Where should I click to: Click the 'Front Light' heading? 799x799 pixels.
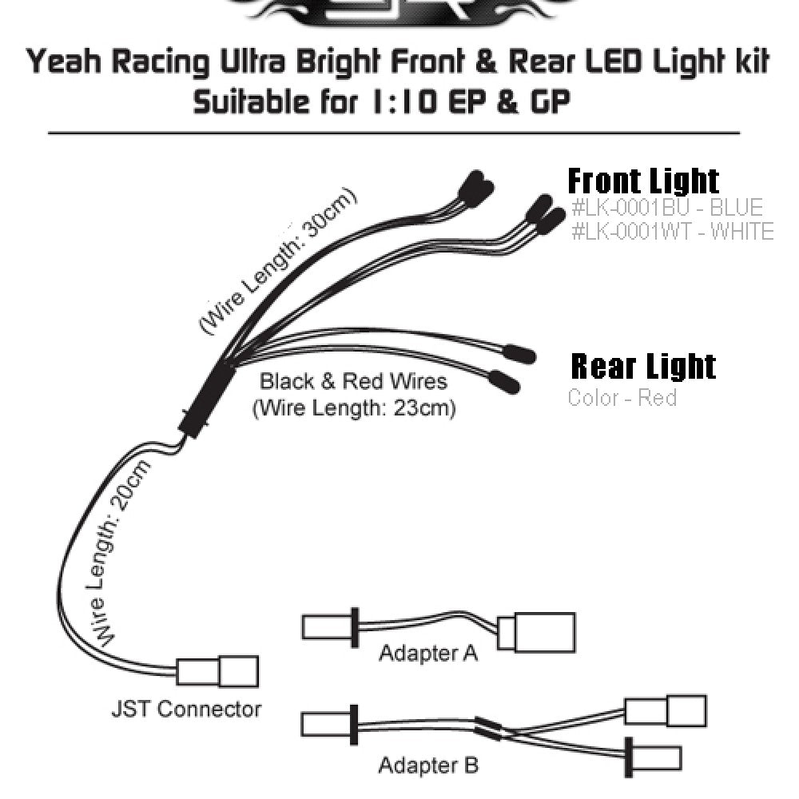coord(643,181)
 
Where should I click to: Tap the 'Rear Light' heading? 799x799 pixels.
coord(643,366)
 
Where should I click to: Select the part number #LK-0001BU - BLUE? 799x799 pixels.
coord(667,208)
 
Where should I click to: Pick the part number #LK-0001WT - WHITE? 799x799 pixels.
coord(673,232)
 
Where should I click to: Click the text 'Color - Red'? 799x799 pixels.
coord(622,397)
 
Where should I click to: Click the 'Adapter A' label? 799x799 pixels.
coord(428,654)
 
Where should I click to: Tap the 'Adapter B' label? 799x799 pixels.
coord(428,765)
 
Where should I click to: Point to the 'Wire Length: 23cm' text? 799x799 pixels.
coord(354,409)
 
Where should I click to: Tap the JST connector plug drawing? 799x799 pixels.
coord(217,670)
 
